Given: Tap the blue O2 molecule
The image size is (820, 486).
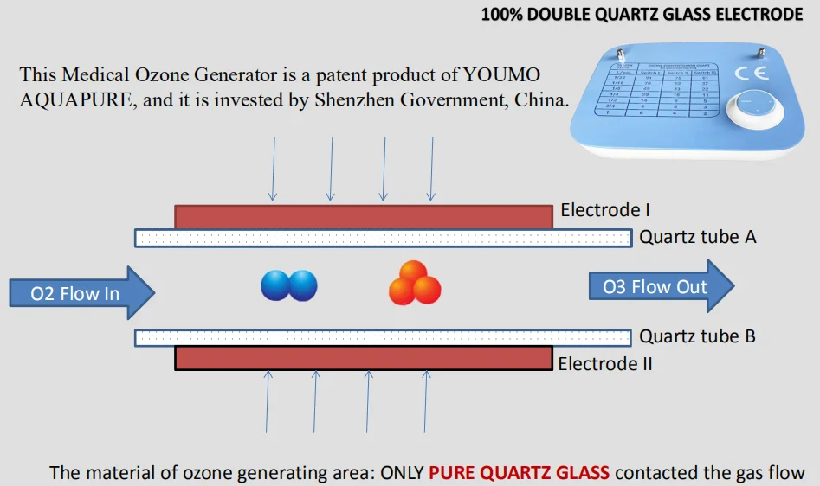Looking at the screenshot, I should pos(289,285).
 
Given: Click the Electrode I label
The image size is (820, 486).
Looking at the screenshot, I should pos(605,210).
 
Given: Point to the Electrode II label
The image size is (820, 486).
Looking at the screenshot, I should pos(604,364).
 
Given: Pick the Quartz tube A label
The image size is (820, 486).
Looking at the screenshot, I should pos(698,237).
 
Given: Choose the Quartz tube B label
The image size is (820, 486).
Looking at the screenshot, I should pos(697,336).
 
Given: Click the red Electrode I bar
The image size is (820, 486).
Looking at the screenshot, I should pos(364,216).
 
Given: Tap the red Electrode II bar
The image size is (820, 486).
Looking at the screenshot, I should pos(364,358).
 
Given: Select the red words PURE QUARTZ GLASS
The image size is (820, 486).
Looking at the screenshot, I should pos(520,472).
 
